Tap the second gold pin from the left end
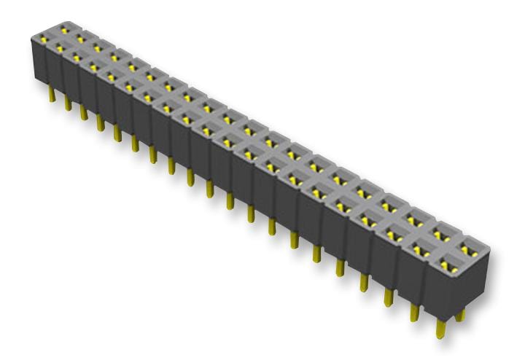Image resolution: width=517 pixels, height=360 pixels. pos(68,103)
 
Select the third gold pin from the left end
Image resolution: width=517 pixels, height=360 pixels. pos(83,111)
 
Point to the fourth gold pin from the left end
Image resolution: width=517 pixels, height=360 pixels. pos(99,120)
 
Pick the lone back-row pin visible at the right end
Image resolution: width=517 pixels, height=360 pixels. pos(460,315)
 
